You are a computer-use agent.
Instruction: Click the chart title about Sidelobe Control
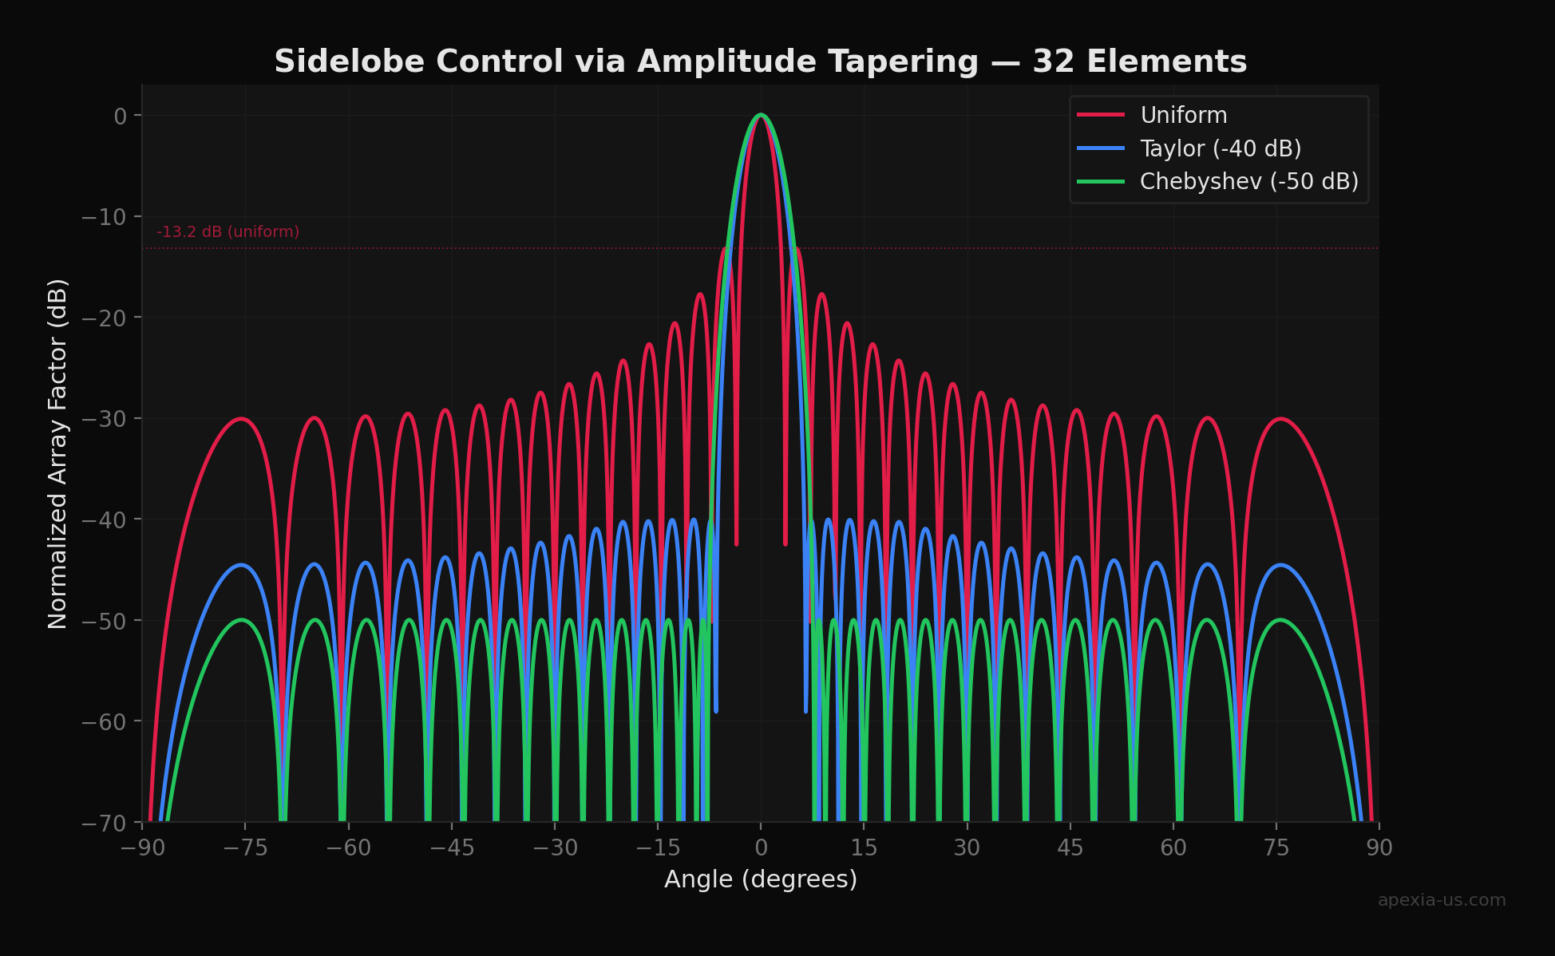[x=760, y=61]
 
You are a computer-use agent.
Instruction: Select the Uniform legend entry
[x=1183, y=116]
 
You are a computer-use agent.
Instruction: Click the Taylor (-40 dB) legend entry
[x=1220, y=148]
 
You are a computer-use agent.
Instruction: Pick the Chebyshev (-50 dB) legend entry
[x=1248, y=182]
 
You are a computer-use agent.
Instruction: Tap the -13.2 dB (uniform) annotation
[x=228, y=232]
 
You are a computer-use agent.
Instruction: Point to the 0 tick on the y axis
[x=121, y=117]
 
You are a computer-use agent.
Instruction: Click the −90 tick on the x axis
[x=143, y=847]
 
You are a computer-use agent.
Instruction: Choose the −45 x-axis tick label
[x=452, y=847]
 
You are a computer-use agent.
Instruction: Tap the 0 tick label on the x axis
[x=761, y=847]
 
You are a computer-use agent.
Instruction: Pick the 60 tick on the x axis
[x=1173, y=847]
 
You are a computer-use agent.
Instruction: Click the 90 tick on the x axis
[x=1379, y=847]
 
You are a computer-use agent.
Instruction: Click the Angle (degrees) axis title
[x=760, y=879]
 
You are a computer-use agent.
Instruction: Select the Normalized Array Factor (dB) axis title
[x=58, y=453]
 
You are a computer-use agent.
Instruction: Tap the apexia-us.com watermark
[x=1441, y=900]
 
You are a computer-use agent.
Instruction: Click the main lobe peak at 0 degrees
[x=761, y=115]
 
